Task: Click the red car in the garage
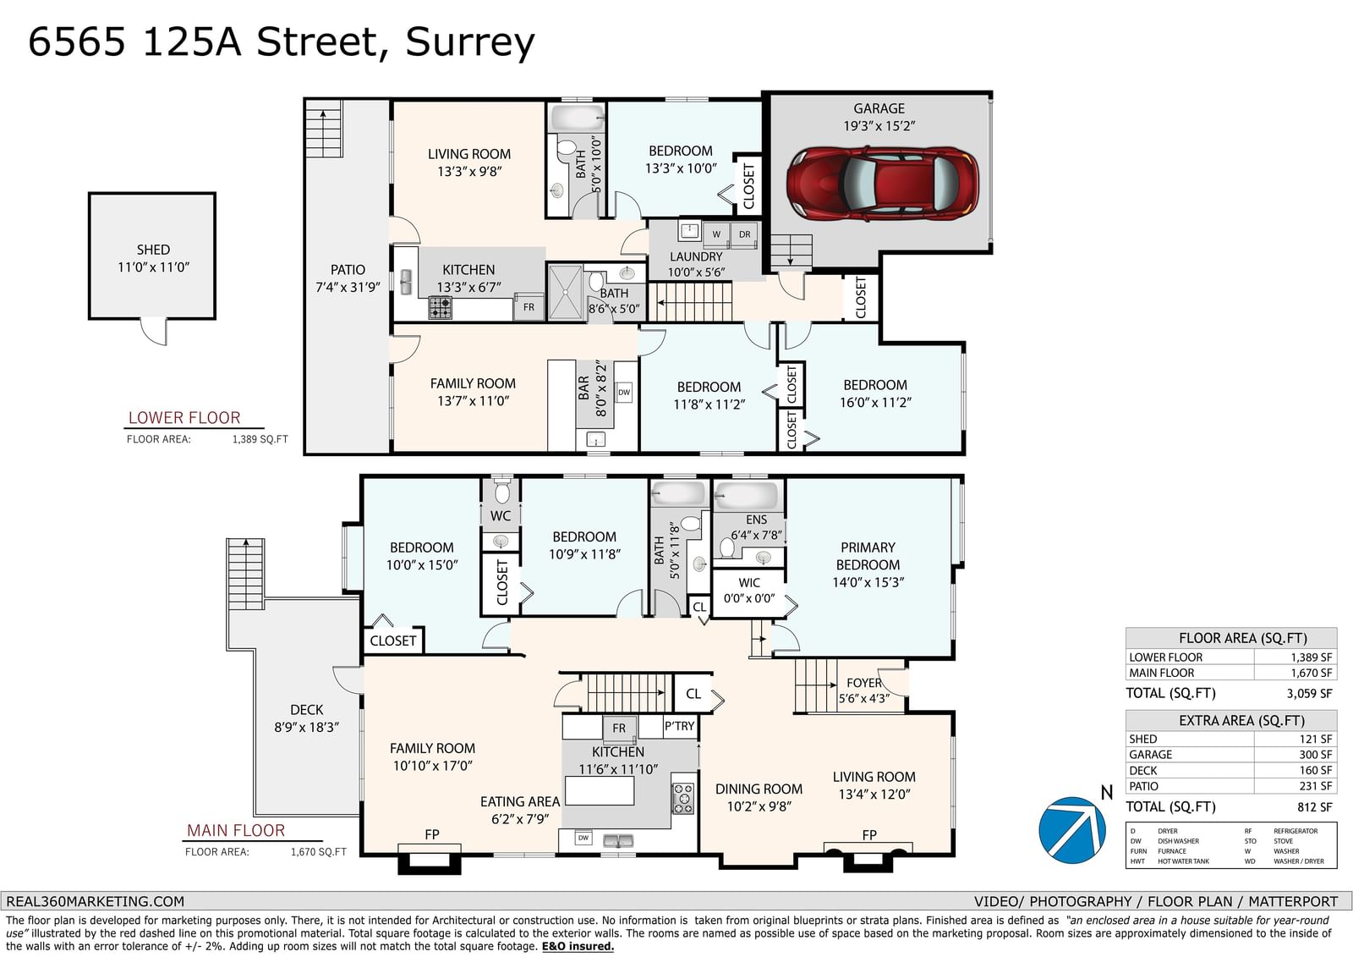point(883,183)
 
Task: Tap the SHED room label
point(153,250)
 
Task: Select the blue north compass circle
point(1072,830)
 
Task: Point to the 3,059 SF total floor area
point(1309,693)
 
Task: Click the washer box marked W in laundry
point(715,234)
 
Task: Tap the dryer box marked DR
point(744,234)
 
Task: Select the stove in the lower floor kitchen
point(441,307)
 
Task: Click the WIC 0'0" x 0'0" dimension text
point(749,598)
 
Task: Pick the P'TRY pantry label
point(680,726)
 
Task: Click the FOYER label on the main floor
point(864,683)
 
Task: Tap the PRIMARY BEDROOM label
point(868,556)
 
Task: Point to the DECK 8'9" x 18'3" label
point(307,718)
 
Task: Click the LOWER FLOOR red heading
point(184,418)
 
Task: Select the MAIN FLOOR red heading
point(236,831)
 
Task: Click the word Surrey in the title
point(470,43)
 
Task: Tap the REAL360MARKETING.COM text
point(95,901)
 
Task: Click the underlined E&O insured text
point(578,947)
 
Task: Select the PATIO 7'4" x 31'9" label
point(348,278)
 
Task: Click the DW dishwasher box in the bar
point(624,393)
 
